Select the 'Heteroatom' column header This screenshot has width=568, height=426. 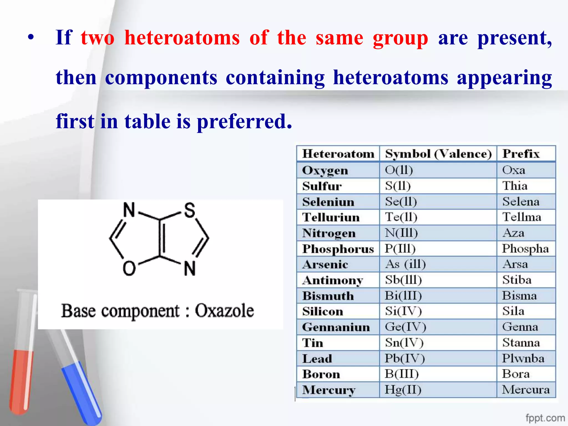[338, 154]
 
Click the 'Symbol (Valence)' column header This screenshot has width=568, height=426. [438, 154]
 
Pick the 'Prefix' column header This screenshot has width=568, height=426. [521, 154]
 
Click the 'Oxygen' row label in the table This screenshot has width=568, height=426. [325, 170]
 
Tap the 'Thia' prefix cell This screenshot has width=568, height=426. [515, 186]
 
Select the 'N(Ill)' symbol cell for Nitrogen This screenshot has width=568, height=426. [401, 233]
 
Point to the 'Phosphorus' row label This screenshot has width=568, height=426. [338, 249]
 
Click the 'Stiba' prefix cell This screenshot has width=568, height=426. [517, 280]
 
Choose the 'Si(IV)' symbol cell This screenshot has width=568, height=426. [403, 311]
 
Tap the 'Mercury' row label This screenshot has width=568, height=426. [329, 390]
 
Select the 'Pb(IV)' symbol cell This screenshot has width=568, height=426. [404, 358]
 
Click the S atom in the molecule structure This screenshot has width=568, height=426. [190, 210]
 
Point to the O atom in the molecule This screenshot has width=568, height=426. [129, 268]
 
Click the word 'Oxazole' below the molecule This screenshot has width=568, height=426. [224, 311]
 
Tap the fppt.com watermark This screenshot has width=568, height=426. [545, 418]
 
